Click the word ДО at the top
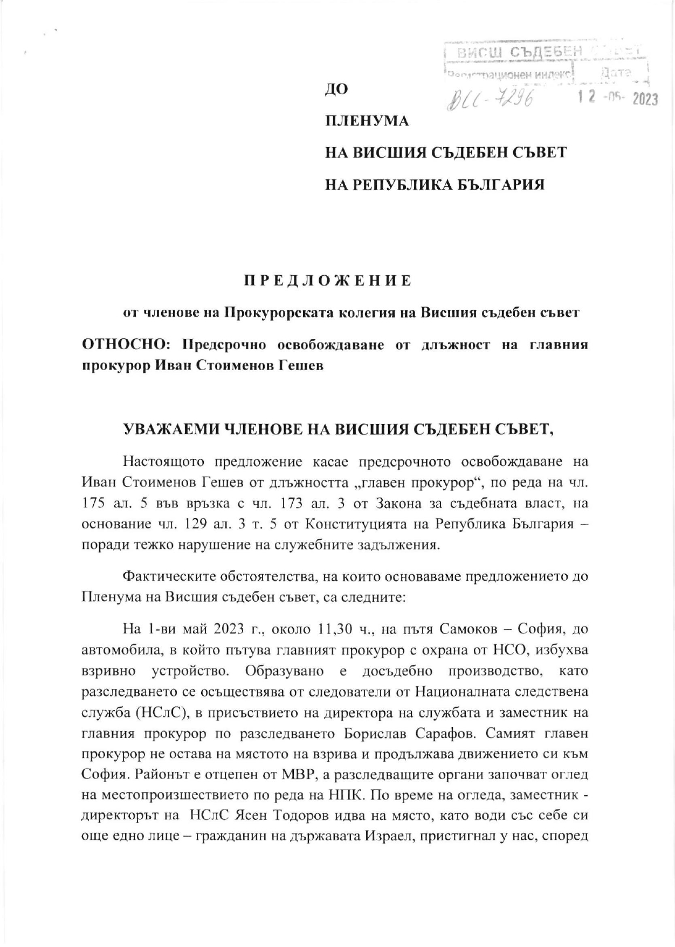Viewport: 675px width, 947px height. pos(336,89)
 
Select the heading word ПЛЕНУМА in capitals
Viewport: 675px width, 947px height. pos(366,121)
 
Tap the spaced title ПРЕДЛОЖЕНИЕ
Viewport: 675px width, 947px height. pos(328,281)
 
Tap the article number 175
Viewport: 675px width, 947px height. pos(93,503)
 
